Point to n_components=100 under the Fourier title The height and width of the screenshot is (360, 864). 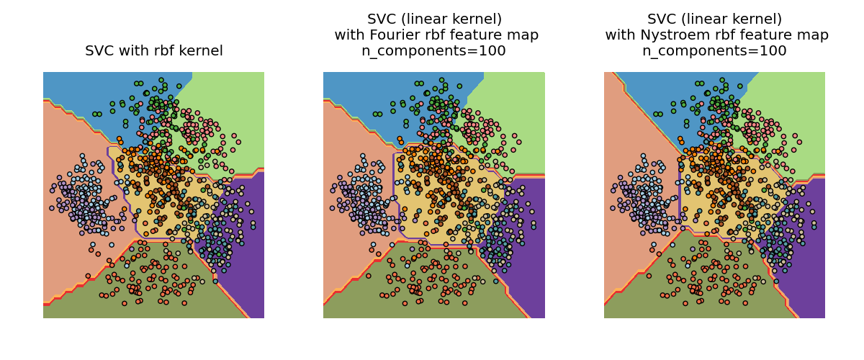tap(433, 51)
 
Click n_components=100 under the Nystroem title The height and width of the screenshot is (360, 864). tap(714, 51)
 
